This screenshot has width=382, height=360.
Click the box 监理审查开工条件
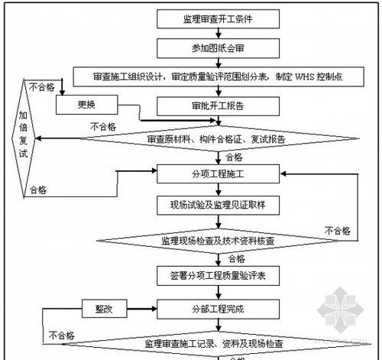218,19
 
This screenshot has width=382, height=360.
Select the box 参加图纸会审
218,48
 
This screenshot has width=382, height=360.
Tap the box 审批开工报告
218,106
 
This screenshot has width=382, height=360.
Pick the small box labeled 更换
87,105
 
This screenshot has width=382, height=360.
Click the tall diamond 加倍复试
24,138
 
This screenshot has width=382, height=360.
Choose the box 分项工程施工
218,174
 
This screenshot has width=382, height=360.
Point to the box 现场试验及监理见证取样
218,205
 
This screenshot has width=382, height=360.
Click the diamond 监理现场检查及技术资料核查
218,241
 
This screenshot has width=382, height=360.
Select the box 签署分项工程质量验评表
218,276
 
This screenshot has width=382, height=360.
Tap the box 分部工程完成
218,309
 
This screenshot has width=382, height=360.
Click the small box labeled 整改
105,309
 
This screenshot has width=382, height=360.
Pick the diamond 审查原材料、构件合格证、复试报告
219,139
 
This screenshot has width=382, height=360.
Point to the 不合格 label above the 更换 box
42,87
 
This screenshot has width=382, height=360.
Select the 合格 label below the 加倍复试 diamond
38,190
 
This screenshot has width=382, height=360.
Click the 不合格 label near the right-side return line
338,231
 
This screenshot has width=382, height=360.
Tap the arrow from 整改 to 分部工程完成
142,309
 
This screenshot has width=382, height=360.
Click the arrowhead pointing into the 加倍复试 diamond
38,138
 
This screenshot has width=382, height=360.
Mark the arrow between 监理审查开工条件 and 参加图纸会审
219,34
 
